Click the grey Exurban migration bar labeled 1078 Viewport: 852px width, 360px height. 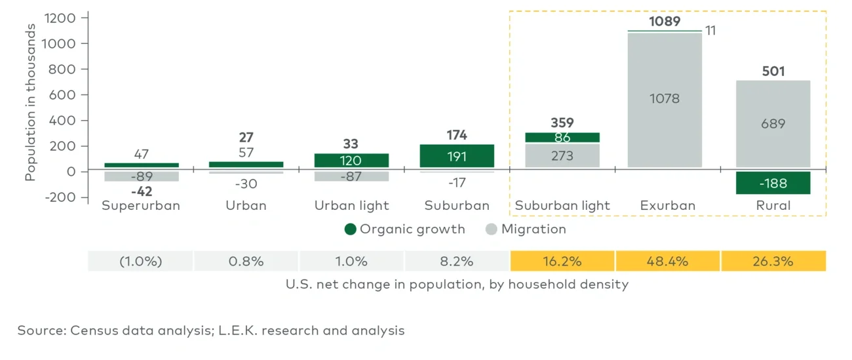coord(665,99)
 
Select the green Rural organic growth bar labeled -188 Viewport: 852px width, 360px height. coord(773,183)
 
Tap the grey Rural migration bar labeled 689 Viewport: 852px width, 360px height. coord(773,123)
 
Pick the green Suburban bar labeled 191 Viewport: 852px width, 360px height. coord(457,156)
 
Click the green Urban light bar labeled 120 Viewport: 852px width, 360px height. coord(351,161)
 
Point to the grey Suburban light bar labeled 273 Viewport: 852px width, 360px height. coord(562,155)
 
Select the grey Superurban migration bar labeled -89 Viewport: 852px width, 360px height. coord(141,176)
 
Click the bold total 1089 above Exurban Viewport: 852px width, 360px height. coord(665,22)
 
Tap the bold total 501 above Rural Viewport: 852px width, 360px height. coord(773,71)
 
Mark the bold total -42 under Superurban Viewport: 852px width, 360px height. coord(141,191)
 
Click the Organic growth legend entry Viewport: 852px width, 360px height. coord(404,229)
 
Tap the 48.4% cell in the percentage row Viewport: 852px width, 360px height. coord(668,261)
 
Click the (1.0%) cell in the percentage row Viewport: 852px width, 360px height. coord(140,261)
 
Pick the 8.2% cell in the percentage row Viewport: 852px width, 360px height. coord(457,261)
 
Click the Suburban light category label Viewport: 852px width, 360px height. coord(562,205)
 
